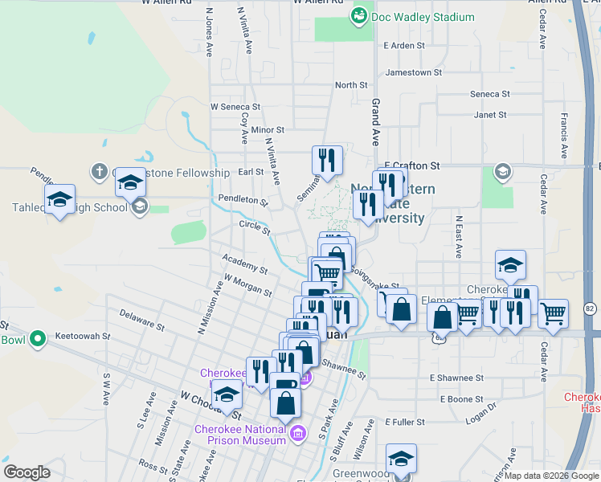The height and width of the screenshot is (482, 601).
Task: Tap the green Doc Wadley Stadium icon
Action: pos(359,15)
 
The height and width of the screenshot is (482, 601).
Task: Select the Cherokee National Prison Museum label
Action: pos(241,434)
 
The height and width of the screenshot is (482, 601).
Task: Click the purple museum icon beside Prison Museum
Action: pos(298,435)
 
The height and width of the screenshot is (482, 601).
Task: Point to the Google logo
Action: pos(27,472)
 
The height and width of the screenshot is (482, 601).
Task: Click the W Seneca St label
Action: pos(235,106)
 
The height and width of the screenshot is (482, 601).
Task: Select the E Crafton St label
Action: pos(413,165)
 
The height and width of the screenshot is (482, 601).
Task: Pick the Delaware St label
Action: pos(141,320)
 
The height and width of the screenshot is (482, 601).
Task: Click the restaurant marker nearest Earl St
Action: pos(327,161)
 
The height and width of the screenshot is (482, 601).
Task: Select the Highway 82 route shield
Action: pos(590,308)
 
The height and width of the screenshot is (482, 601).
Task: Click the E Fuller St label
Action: pos(409,422)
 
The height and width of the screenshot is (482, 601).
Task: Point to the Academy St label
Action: pos(245,264)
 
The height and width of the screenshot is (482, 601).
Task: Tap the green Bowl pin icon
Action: pos(37,340)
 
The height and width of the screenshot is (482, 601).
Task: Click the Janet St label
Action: pos(490,115)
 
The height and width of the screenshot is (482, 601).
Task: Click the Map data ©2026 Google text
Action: pos(550,475)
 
